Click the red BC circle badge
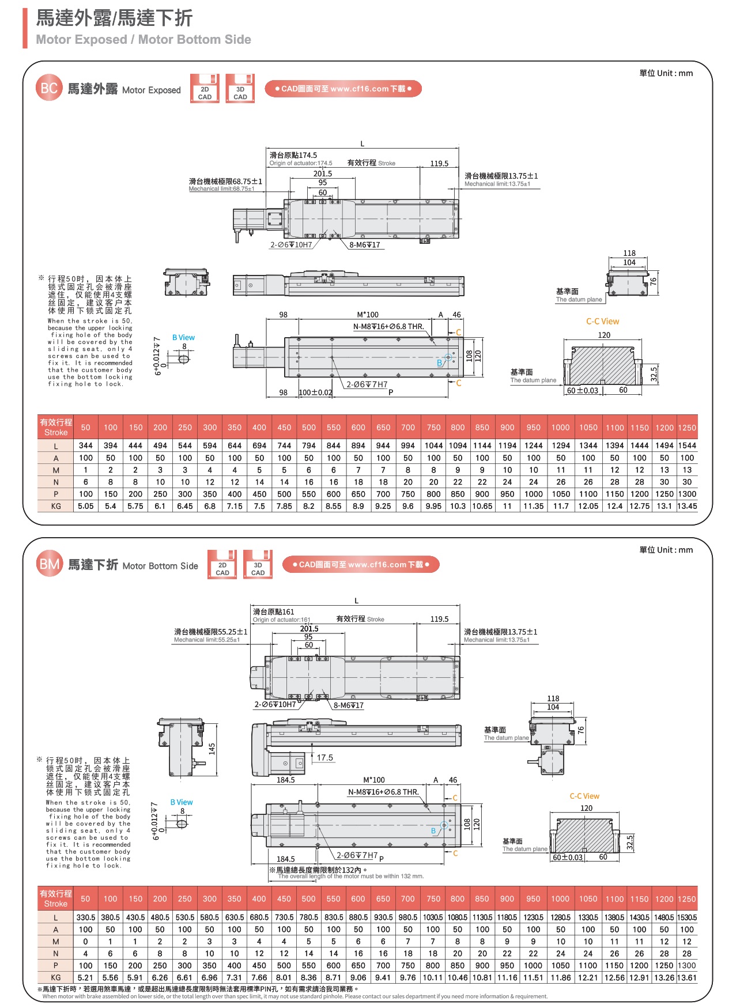click(x=49, y=88)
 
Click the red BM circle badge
click(x=49, y=564)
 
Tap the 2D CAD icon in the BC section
click(x=205, y=89)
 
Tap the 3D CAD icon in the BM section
click(x=258, y=565)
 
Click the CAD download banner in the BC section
click(x=343, y=89)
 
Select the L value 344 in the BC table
click(x=86, y=446)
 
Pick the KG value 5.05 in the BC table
click(x=86, y=506)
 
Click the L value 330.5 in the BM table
click(x=86, y=917)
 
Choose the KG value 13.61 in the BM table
click(x=686, y=977)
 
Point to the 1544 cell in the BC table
click(x=686, y=446)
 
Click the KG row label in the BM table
click(x=56, y=977)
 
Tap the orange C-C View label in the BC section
click(x=602, y=322)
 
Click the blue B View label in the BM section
click(x=182, y=802)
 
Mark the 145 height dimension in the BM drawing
click(x=212, y=749)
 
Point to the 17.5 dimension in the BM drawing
click(x=324, y=758)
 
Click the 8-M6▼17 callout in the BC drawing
click(x=365, y=245)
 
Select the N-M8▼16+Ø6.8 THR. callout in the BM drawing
click(x=383, y=792)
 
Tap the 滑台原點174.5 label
click(x=293, y=155)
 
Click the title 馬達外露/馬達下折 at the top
click(x=114, y=18)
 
